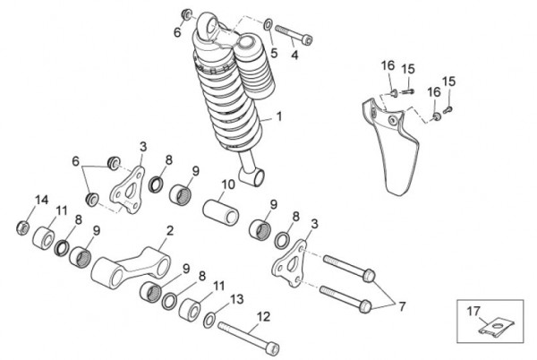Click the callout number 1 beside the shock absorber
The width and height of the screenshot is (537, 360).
point(278,116)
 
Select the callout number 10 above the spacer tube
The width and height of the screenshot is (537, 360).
point(228,185)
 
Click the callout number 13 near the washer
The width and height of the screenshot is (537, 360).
point(237,298)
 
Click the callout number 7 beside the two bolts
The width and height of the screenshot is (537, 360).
point(402,306)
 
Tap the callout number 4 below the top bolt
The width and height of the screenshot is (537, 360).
point(294,56)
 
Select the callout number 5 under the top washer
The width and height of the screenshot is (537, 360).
point(274,53)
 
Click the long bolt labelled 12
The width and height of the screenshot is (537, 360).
point(247,337)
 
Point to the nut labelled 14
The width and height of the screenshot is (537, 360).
point(22,227)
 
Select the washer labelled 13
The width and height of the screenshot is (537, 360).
point(209,321)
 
